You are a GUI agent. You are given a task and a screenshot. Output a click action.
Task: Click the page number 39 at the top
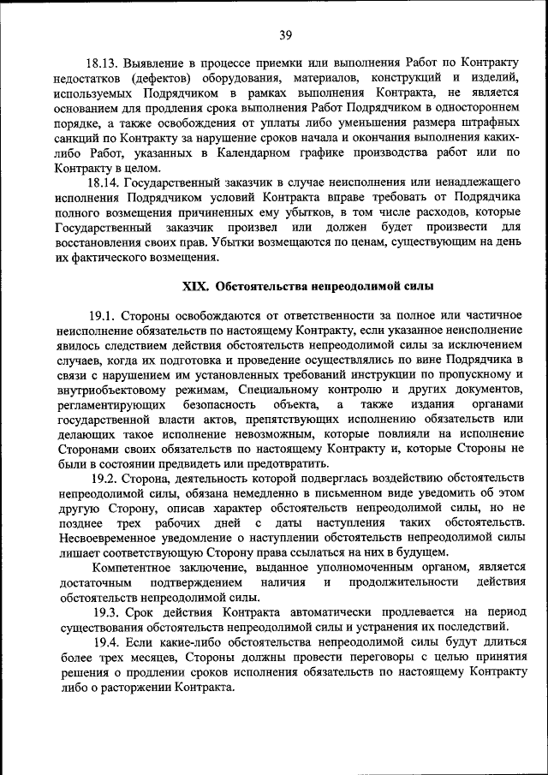285,35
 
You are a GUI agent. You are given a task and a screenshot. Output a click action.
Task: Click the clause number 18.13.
103,63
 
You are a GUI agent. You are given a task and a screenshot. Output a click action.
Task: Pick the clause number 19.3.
108,613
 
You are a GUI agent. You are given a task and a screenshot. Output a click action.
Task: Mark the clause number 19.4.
108,643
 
